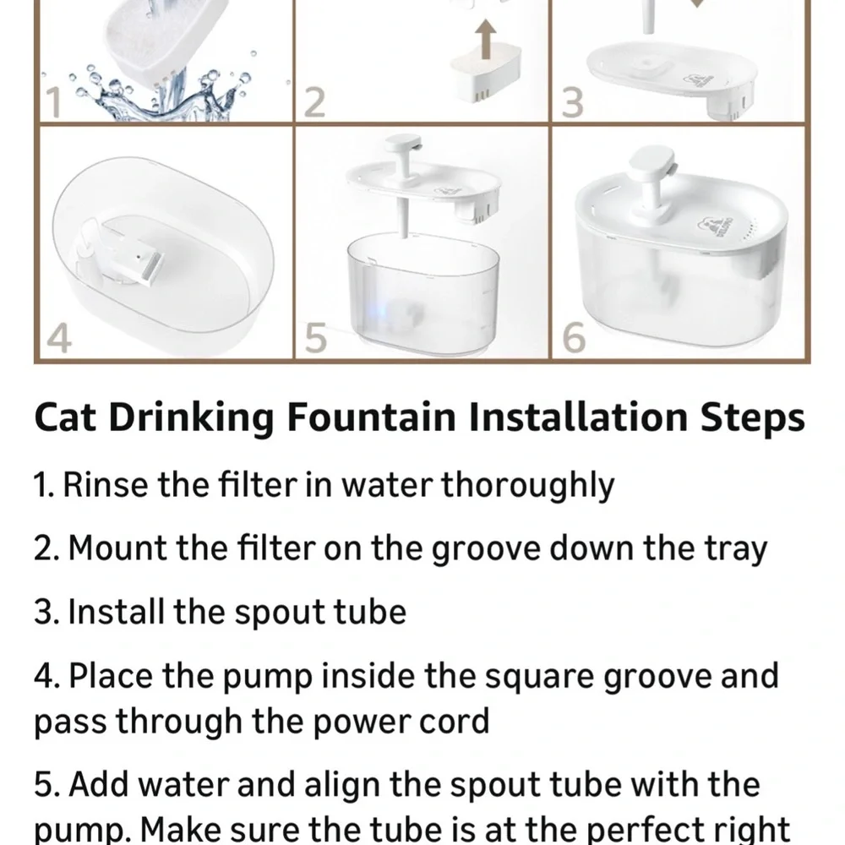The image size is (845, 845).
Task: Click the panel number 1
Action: coord(52,103)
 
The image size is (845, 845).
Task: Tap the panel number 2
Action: coord(313,103)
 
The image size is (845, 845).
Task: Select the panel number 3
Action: coord(573,103)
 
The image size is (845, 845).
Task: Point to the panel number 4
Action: coord(57,340)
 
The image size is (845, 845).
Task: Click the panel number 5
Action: coord(314,340)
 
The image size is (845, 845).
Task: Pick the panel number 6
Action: coord(574,340)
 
